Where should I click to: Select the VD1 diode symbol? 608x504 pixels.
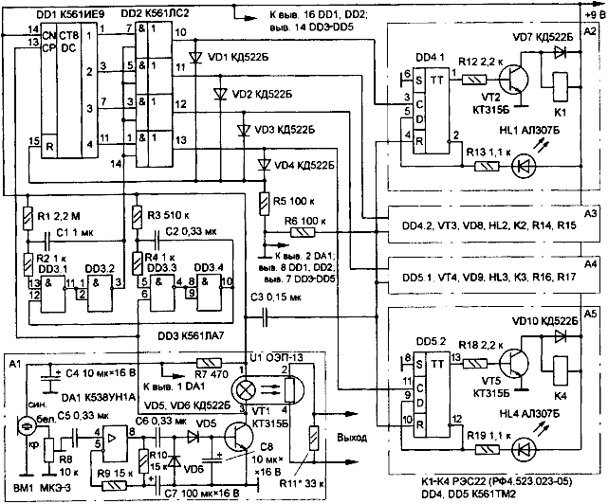(x=196, y=57)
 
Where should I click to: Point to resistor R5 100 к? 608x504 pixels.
(x=266, y=202)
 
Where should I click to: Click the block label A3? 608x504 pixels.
(x=590, y=215)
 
